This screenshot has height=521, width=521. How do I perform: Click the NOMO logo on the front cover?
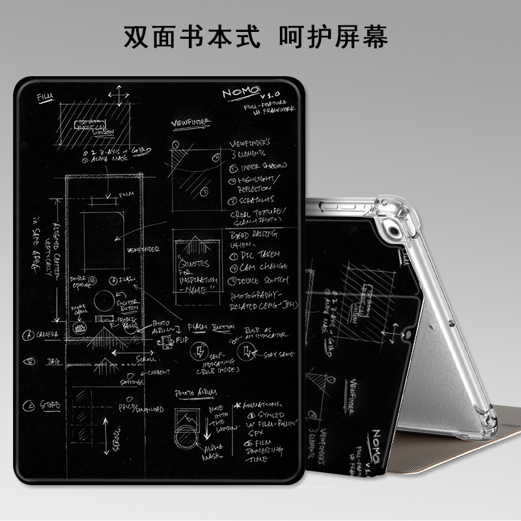pos(240,96)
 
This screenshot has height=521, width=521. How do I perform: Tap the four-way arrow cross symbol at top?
pos(118,96)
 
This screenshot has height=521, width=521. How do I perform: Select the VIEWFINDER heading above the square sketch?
pos(190,122)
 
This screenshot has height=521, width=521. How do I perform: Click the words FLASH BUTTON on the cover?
pos(210,327)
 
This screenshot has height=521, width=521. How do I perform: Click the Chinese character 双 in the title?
pos(138,37)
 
